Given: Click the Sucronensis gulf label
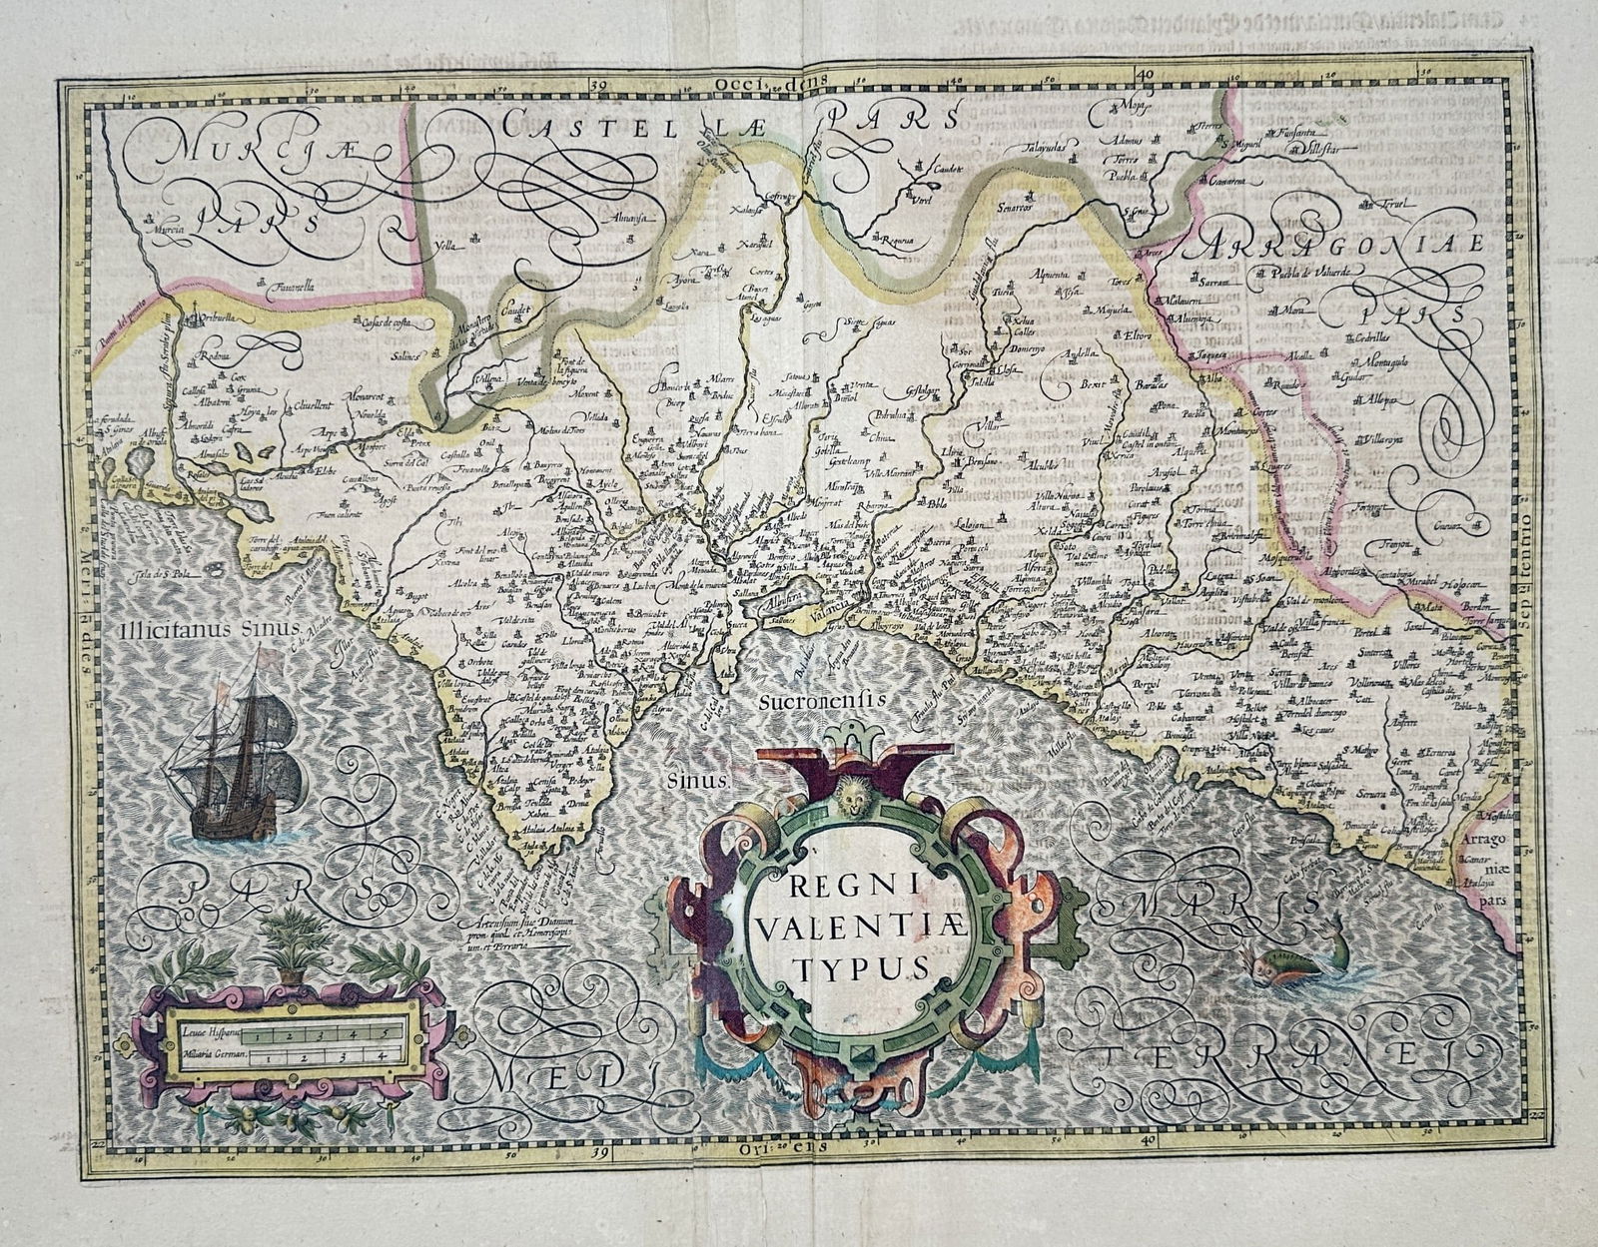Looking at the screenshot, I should (x=822, y=702).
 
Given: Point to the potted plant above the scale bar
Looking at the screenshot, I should (x=295, y=939).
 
